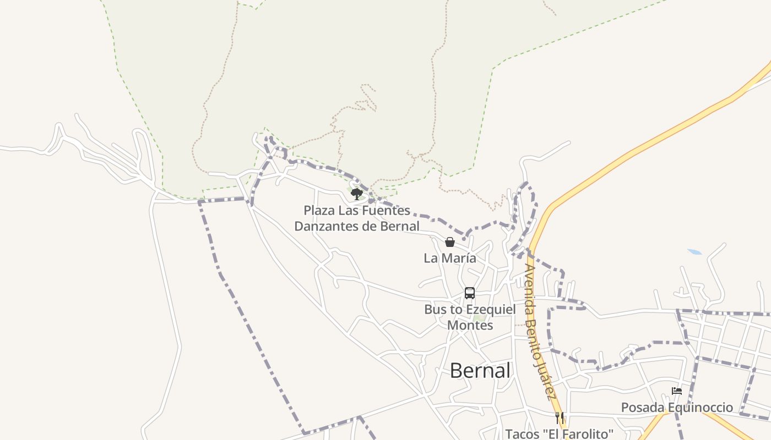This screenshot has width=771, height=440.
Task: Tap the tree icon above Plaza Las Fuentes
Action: pyautogui.click(x=357, y=194)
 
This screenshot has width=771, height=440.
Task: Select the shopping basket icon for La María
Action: pyautogui.click(x=450, y=242)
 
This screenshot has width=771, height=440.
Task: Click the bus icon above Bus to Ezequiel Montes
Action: pyautogui.click(x=470, y=293)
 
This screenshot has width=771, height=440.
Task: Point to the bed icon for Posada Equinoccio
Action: pyautogui.click(x=677, y=391)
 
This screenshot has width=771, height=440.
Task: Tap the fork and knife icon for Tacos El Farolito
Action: pyautogui.click(x=560, y=418)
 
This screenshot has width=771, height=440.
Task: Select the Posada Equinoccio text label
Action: pyautogui.click(x=677, y=408)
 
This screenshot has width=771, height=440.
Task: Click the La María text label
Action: pyautogui.click(x=450, y=258)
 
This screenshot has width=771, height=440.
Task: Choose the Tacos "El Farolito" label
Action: pyautogui.click(x=559, y=434)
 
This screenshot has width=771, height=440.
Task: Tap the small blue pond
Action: pyautogui.click(x=694, y=252)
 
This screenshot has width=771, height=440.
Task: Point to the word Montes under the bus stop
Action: pyautogui.click(x=470, y=325)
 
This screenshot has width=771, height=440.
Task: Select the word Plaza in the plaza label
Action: pyautogui.click(x=319, y=210)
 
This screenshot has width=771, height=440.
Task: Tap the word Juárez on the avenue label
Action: pyautogui.click(x=546, y=380)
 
